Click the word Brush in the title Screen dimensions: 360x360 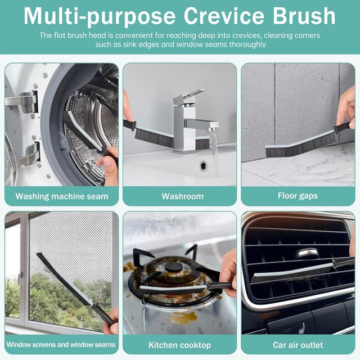point(304,16)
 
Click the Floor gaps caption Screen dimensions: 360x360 point(298,196)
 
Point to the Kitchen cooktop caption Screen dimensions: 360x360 point(179,344)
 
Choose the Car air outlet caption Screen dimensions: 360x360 point(298,344)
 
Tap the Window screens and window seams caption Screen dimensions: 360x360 point(61,344)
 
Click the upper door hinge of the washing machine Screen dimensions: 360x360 point(22,101)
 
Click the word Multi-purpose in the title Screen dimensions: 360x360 point(96,16)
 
